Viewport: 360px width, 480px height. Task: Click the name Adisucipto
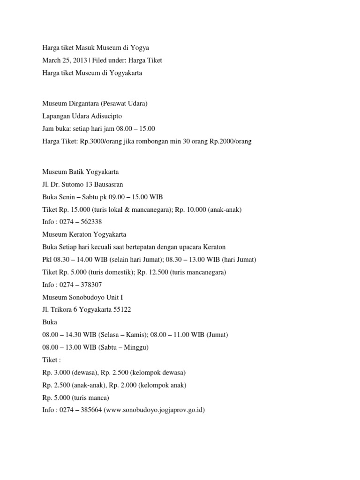tap(104, 116)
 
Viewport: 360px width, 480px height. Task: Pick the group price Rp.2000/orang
tap(228, 141)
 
